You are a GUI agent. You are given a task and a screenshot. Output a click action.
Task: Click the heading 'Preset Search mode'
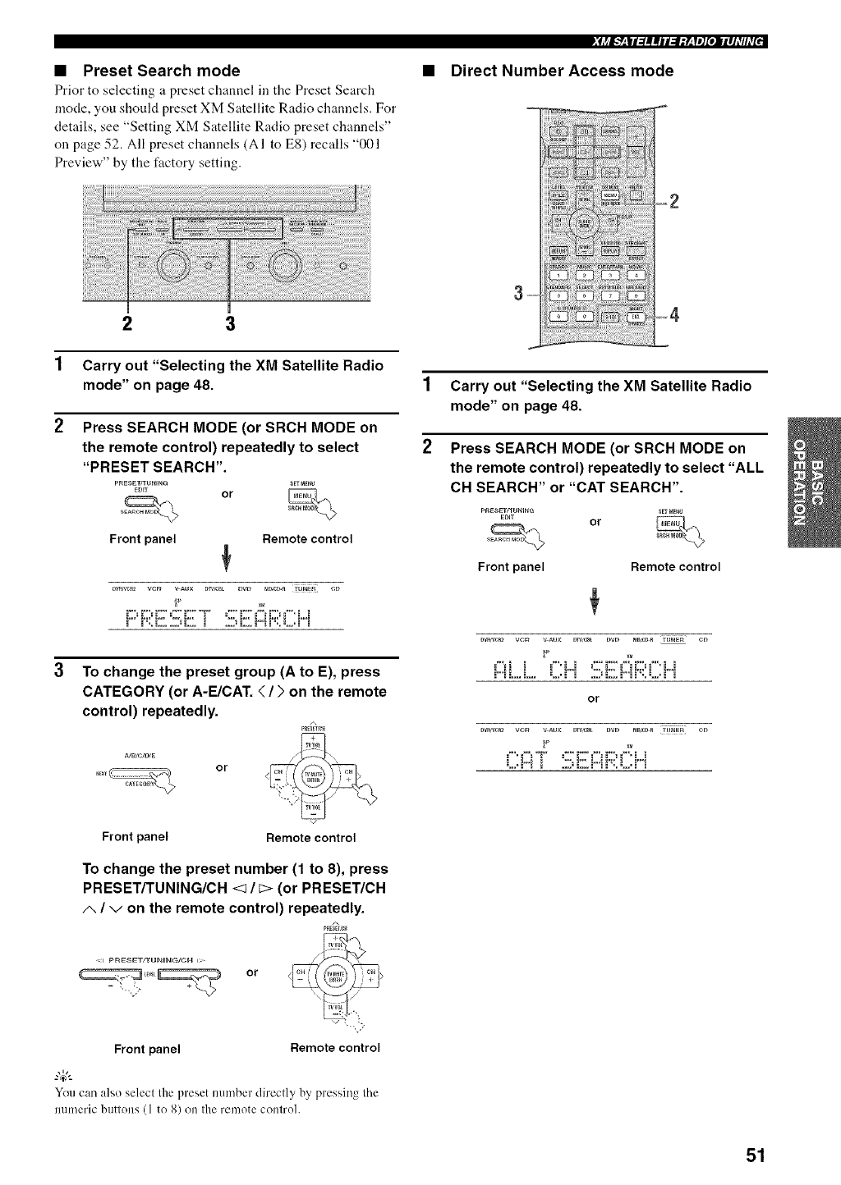[162, 71]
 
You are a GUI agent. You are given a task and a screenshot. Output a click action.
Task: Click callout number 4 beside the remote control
[675, 313]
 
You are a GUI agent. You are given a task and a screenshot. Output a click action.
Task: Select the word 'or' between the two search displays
[594, 699]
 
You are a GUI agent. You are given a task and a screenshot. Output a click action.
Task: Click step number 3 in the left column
[59, 670]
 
